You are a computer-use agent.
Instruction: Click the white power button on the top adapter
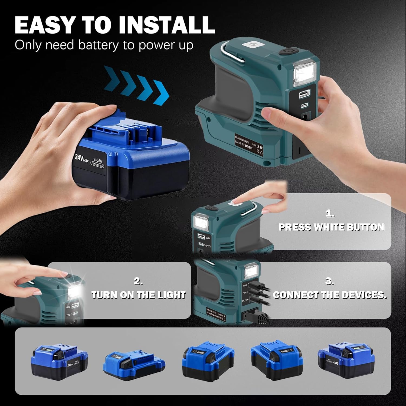253,45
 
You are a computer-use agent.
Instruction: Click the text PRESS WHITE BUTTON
331,227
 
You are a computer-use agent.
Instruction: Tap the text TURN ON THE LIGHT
138,295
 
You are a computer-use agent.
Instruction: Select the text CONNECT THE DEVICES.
330,295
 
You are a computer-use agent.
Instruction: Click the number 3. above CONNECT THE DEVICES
329,281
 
